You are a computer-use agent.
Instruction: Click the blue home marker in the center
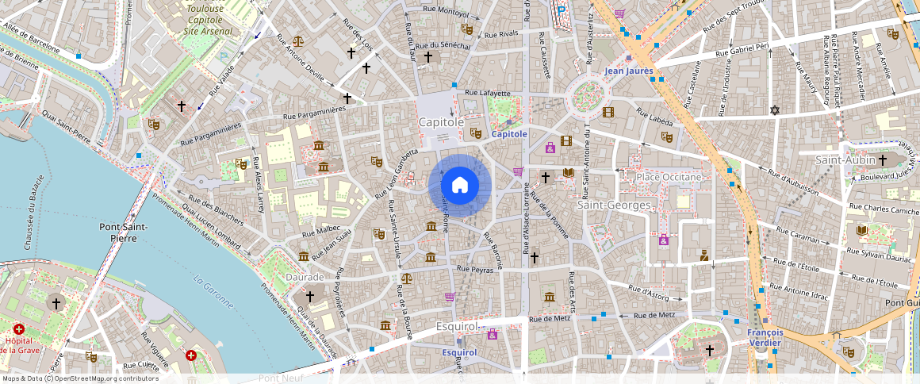(460, 186)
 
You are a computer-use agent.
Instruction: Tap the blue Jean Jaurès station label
(628, 71)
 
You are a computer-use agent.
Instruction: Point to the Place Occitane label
(669, 176)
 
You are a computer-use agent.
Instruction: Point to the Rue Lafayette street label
(488, 93)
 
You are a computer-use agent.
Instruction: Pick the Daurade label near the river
(305, 277)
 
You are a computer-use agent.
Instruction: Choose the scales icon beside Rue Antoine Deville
(297, 41)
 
